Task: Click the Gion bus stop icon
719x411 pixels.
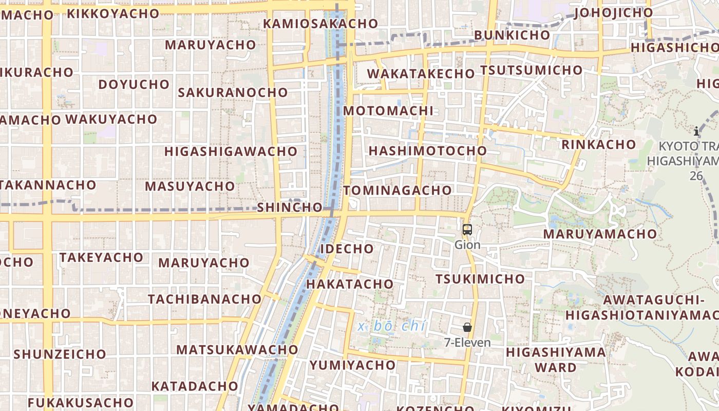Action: (x=467, y=230)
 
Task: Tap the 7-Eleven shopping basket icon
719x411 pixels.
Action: (x=467, y=327)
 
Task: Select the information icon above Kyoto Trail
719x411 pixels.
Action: (x=696, y=131)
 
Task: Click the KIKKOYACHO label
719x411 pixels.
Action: (x=113, y=14)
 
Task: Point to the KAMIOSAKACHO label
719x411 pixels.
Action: (x=320, y=24)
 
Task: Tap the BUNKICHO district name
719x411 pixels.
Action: (x=512, y=35)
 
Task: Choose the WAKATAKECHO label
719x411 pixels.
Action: (x=421, y=73)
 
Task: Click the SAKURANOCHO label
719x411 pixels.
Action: (x=233, y=92)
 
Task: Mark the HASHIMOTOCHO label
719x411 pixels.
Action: (x=428, y=151)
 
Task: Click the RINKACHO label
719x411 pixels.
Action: (x=598, y=144)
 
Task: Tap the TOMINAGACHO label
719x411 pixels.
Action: (x=398, y=191)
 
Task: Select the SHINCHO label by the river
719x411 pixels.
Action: (x=290, y=208)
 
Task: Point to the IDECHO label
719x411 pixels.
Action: (x=347, y=249)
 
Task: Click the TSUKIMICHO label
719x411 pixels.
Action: (x=480, y=279)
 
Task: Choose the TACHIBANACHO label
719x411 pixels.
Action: (x=205, y=299)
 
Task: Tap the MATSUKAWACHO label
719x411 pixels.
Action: (x=237, y=350)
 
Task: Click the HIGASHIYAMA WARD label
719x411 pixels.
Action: (x=556, y=360)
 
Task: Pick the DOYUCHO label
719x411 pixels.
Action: (x=134, y=84)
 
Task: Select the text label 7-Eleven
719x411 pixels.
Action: (x=467, y=343)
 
